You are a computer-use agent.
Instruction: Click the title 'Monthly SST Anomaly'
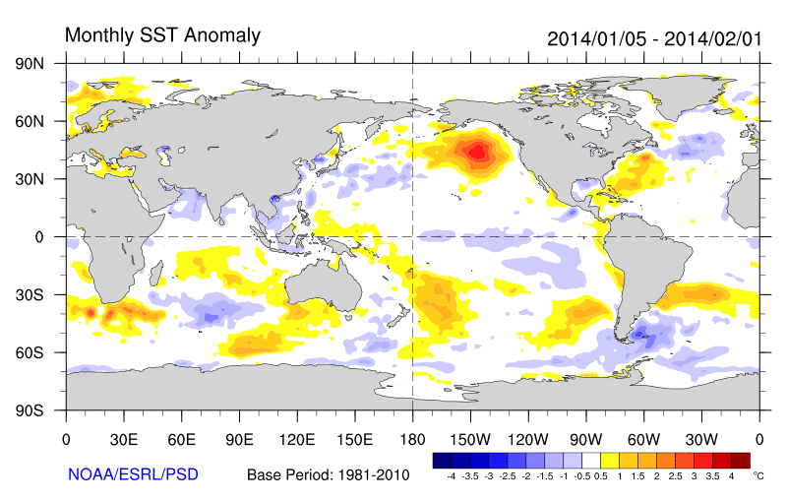point(162,35)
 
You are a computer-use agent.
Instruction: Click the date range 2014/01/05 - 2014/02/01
point(654,38)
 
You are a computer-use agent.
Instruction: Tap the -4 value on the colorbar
point(451,475)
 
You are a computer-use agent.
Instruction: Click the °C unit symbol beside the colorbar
point(758,474)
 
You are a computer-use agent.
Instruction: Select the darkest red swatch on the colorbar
point(741,460)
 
